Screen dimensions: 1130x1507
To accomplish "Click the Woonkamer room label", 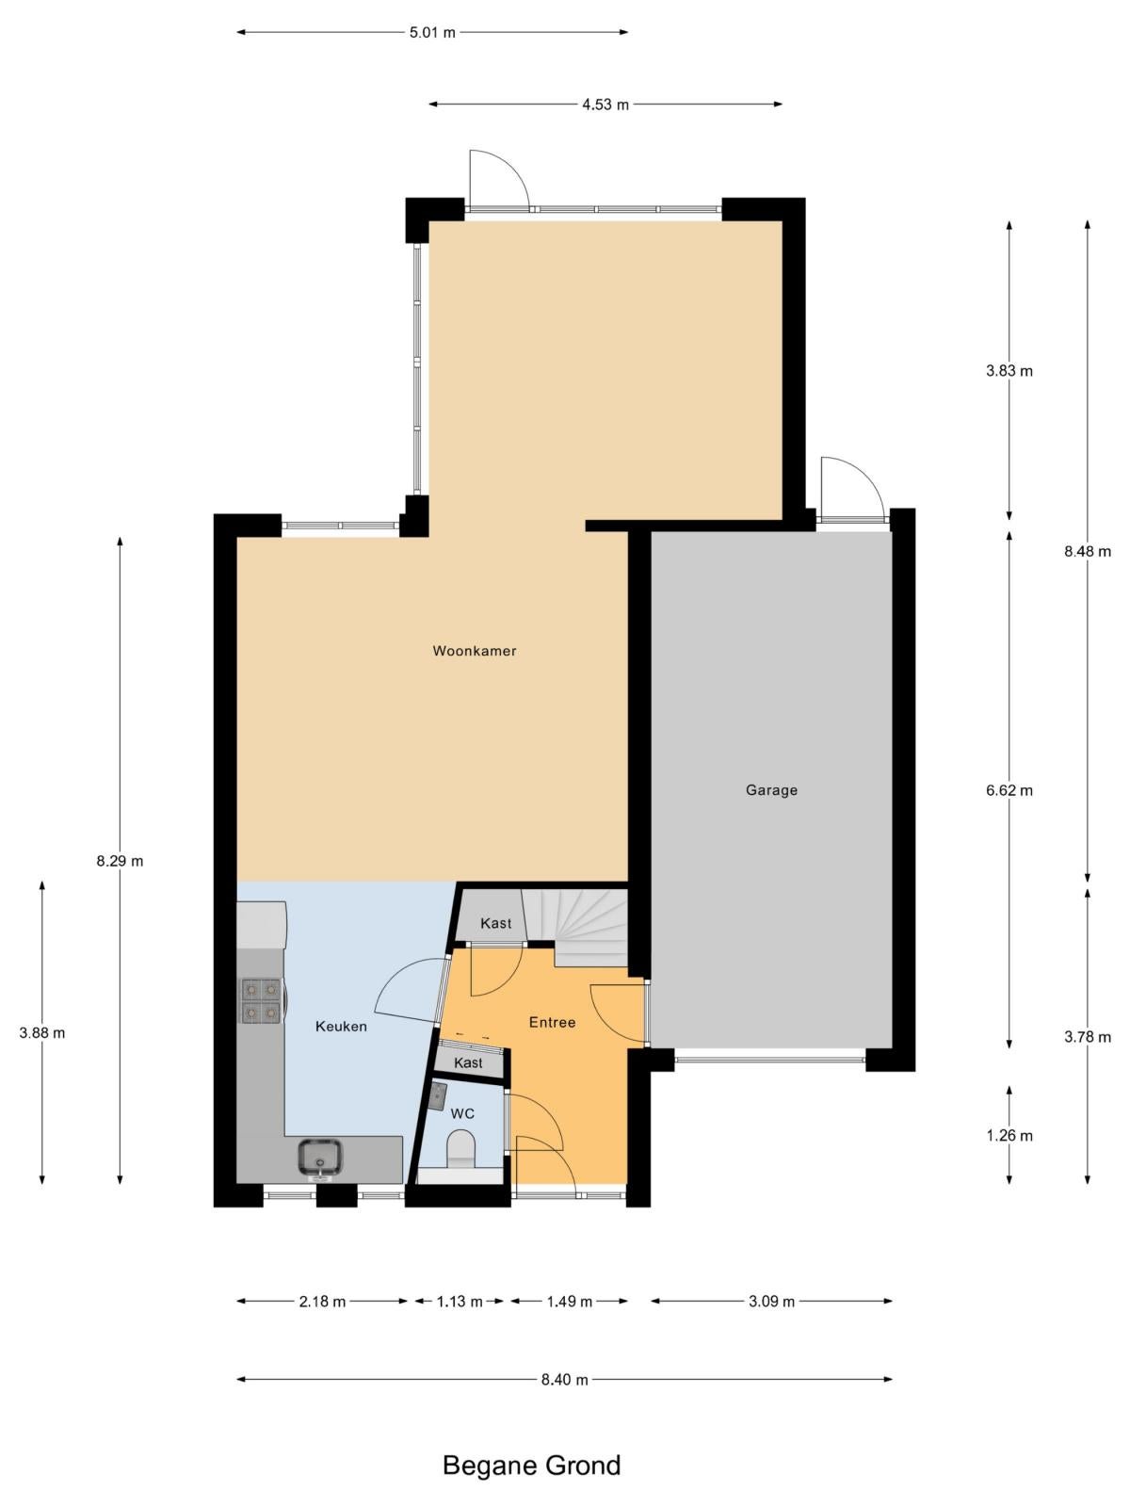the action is (474, 651).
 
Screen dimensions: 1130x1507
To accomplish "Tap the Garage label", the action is (771, 790).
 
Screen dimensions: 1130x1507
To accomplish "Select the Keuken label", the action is (341, 1027).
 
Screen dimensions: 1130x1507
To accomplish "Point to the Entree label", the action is (552, 1022).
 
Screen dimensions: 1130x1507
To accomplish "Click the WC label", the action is (462, 1113).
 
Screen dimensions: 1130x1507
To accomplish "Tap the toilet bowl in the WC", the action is (460, 1150).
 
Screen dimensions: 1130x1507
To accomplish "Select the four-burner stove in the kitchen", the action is (262, 1000).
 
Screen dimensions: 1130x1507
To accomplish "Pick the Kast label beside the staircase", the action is (495, 923).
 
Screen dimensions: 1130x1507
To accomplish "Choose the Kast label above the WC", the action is (469, 1062).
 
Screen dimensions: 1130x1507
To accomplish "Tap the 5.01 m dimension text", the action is (432, 32).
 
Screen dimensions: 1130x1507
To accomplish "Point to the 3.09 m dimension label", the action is (771, 1301).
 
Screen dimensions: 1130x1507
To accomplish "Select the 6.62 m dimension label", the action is (1009, 790).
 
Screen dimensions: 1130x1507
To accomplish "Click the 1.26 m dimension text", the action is (1009, 1136).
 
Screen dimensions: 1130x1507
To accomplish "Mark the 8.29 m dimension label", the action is (121, 861).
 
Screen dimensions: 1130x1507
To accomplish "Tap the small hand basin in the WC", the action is (437, 1096).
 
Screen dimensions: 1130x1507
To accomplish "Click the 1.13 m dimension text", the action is (460, 1301).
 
